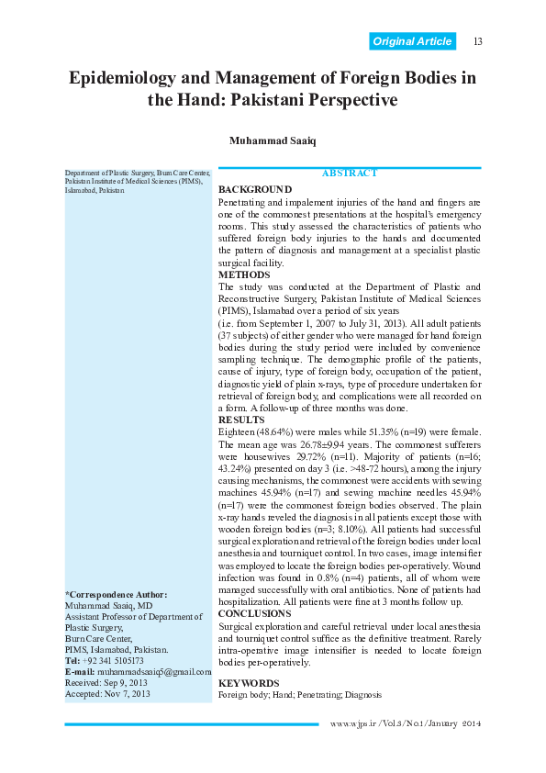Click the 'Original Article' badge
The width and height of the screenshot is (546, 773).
413,41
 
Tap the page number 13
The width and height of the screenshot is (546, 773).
477,41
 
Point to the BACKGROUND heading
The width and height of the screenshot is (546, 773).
255,189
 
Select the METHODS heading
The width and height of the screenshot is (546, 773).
244,274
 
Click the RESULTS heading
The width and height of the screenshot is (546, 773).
241,419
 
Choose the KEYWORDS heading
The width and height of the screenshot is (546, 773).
249,684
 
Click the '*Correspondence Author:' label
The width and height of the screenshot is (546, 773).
115,596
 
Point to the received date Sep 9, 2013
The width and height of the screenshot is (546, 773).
128,683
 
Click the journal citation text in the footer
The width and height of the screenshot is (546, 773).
406,724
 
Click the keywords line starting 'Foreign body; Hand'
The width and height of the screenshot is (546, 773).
298,696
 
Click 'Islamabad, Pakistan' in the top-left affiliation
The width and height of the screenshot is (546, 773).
95,191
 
